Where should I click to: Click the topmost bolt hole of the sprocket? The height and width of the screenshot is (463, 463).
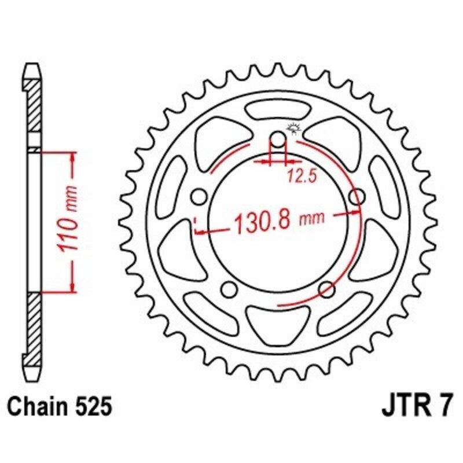pos(278,139)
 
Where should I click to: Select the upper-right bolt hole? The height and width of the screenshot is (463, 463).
pos(357,197)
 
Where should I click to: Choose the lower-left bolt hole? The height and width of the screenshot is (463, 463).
pos(229,289)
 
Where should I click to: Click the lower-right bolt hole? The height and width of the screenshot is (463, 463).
pos(326,289)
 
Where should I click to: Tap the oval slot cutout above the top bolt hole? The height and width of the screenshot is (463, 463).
pos(278,110)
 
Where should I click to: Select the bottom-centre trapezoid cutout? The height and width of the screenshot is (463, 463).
pos(278,322)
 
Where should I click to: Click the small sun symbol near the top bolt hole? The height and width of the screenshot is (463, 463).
pos(292,128)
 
